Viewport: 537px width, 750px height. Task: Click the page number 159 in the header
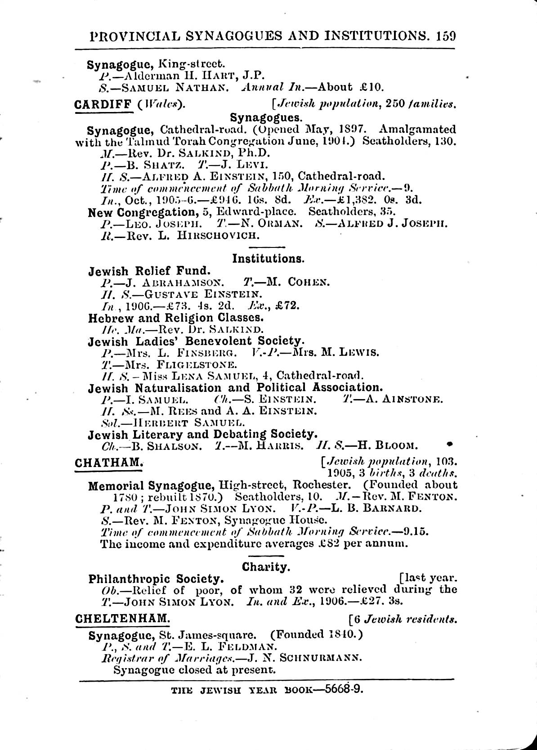click(x=445, y=36)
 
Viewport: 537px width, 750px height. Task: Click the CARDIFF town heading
click(x=103, y=105)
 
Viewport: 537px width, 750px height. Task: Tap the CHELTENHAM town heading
click(x=122, y=619)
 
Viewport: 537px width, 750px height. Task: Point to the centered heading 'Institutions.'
click(x=268, y=259)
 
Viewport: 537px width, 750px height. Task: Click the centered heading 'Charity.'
click(x=265, y=567)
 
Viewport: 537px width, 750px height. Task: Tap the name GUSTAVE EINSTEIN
click(x=196, y=295)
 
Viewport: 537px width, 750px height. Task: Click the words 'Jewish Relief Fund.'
click(x=149, y=271)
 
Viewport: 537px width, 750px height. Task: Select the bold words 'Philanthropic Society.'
click(x=156, y=579)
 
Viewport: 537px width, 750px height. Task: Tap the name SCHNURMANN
click(x=320, y=658)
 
